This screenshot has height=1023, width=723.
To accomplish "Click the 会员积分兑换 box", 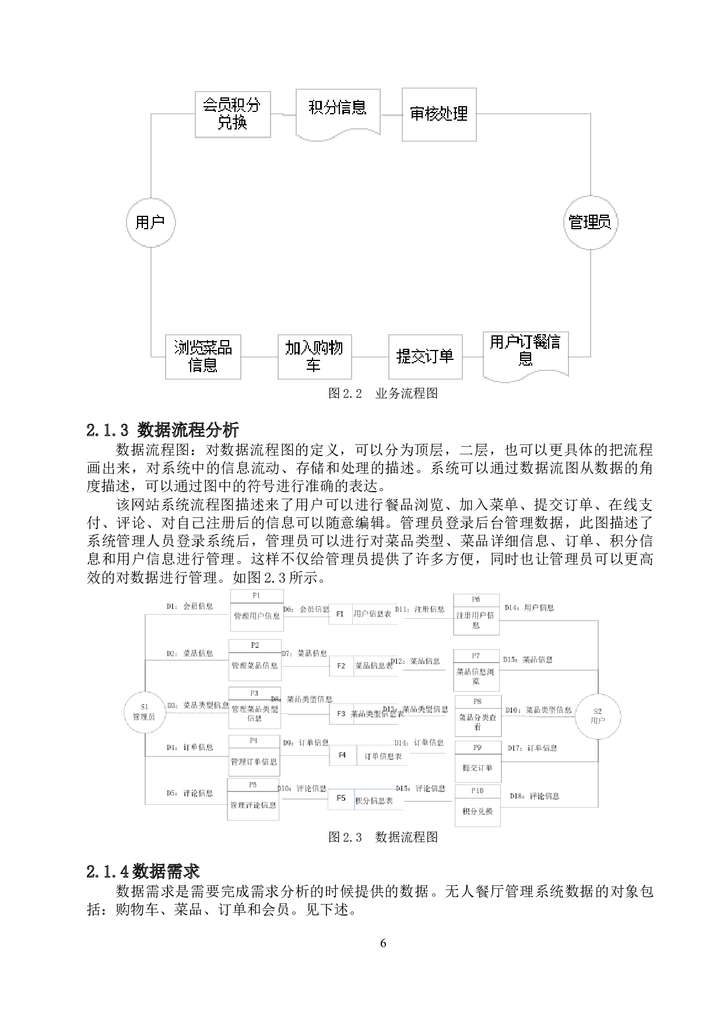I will coord(232,114).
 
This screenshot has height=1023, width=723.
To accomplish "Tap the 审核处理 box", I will coord(438,114).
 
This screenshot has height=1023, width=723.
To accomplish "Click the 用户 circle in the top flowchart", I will coord(150,222).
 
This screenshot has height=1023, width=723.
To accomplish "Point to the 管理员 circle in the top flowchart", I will coord(590,222).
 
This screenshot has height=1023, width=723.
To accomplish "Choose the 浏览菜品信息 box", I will coord(203,356).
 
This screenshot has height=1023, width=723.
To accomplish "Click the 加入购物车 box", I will coord(314,356).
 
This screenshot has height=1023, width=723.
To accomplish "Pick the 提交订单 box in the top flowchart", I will coord(425,356).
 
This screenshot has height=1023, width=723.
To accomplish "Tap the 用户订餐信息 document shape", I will coord(525,355).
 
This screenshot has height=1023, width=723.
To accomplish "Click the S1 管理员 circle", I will coord(144,712).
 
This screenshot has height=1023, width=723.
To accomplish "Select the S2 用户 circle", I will coord(598,716).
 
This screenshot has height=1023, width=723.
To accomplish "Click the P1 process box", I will coord(257,610).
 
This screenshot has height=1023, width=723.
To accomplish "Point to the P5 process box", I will coord(253,799).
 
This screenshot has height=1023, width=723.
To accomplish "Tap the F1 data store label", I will coord(341,614).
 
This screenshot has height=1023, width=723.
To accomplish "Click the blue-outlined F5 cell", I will coord(341,798).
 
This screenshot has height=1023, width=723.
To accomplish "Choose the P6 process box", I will coord(476,615).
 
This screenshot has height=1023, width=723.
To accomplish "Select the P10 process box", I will coord(478,805).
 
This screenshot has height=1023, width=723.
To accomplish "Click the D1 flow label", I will coord(189,607).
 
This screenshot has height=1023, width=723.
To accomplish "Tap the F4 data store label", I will coord(342,755).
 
